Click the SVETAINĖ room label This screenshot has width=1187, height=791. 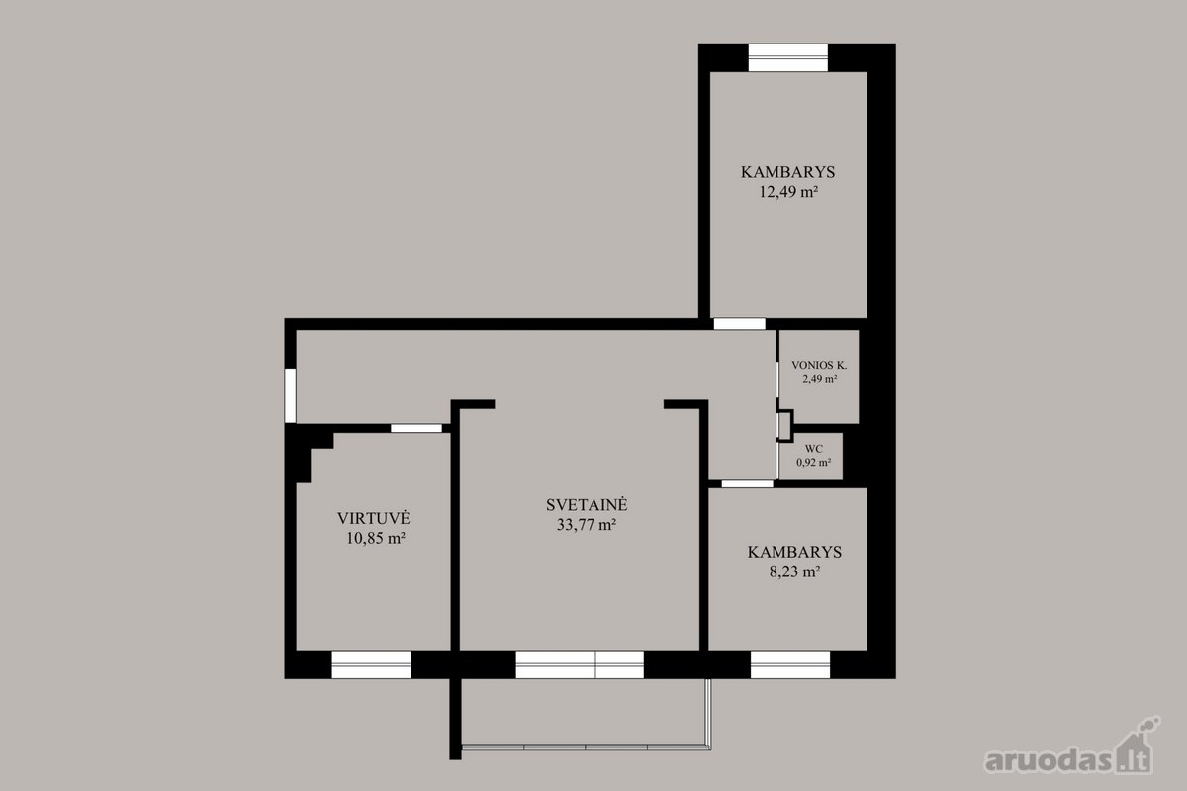(587, 505)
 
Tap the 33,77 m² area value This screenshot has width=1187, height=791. (586, 524)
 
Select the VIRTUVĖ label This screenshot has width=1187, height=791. (374, 518)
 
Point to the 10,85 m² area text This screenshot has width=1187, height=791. (376, 538)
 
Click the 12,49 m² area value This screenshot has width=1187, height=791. (788, 191)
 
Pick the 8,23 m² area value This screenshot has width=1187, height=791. (795, 571)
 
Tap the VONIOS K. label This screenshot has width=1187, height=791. (819, 365)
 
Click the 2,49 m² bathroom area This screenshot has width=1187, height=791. (819, 379)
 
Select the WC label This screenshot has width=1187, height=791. (813, 449)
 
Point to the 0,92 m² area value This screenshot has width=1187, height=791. (813, 462)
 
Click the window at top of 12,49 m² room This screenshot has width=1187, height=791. (788, 57)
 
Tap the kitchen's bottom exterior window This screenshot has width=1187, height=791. (372, 664)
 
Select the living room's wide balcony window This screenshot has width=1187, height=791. (580, 664)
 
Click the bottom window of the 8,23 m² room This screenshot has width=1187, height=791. (790, 664)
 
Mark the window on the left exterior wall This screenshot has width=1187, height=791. (291, 395)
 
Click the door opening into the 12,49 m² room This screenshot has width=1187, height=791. (739, 323)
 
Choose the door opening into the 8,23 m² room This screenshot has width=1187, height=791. (747, 483)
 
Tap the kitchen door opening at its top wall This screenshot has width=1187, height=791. (416, 428)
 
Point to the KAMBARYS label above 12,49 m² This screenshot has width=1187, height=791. (788, 172)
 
